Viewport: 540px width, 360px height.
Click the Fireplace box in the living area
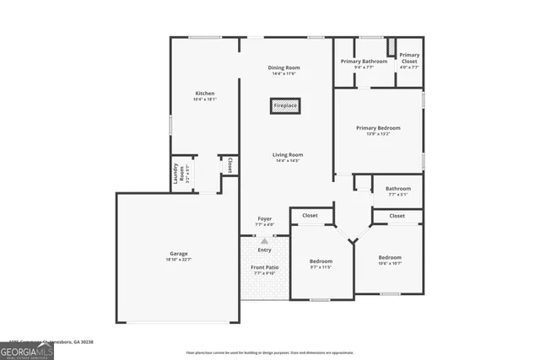point(284,106)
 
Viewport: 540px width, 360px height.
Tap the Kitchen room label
point(205,93)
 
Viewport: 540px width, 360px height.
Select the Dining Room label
point(283,67)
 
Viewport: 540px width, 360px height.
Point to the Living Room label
point(287,154)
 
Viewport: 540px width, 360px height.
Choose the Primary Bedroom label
point(378,127)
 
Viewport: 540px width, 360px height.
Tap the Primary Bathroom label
point(364,62)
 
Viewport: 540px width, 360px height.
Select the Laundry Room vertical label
point(177,174)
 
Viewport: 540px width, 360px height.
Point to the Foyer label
point(264,218)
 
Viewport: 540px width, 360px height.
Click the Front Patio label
point(264,267)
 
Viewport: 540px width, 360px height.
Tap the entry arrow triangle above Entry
point(264,241)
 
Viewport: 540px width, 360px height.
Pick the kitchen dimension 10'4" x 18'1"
point(205,99)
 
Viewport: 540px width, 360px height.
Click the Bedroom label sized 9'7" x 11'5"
point(321,261)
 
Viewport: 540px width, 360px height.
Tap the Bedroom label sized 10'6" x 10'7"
point(389,257)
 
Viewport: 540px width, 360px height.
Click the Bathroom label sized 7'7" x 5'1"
point(398,188)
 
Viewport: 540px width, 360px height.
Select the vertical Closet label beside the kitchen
point(229,165)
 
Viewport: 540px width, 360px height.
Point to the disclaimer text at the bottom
point(270,352)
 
